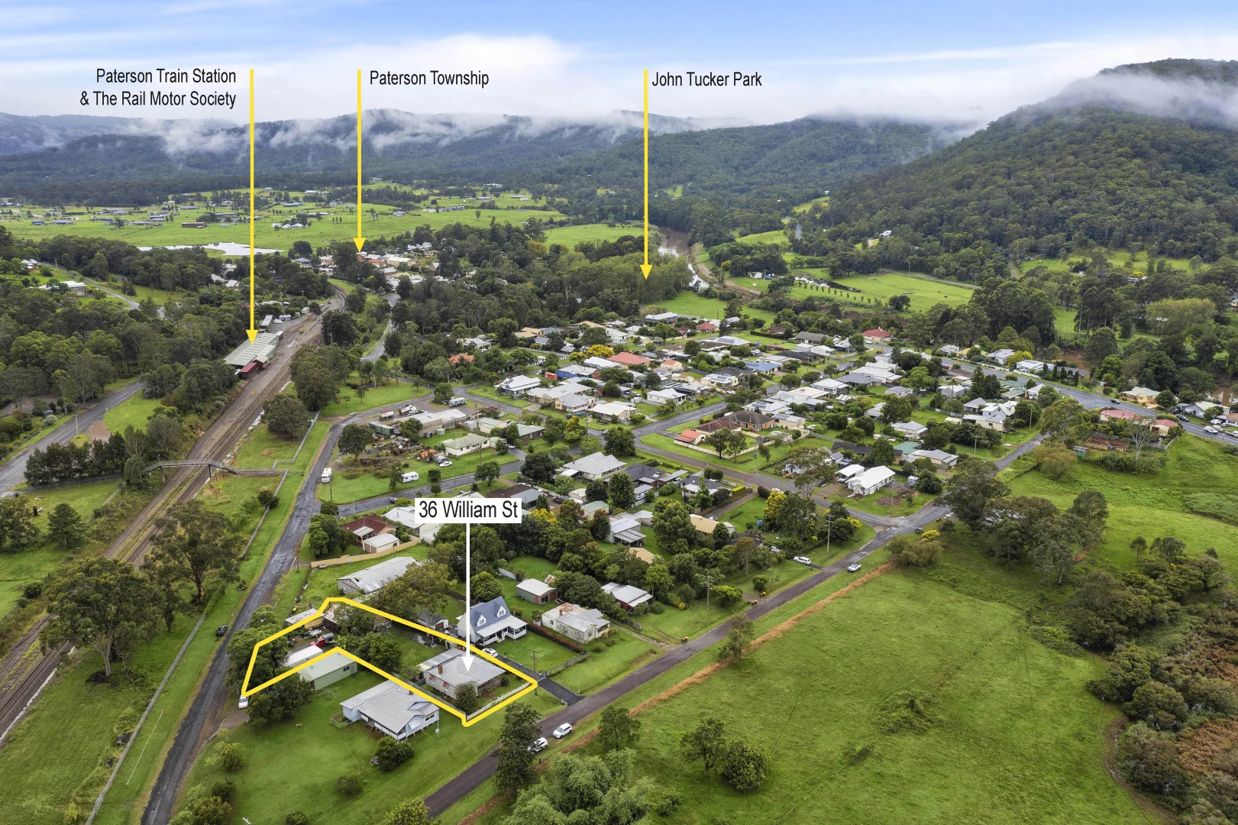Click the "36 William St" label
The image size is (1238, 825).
coord(468,510)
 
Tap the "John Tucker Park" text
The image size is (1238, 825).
coord(706,79)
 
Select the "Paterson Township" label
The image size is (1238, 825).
coord(428,78)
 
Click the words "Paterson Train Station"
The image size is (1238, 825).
coord(166,76)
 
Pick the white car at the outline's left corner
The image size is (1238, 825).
coord(243,700)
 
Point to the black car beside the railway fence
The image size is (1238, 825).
coord(221,631)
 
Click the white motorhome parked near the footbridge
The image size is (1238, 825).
coord(326,475)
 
